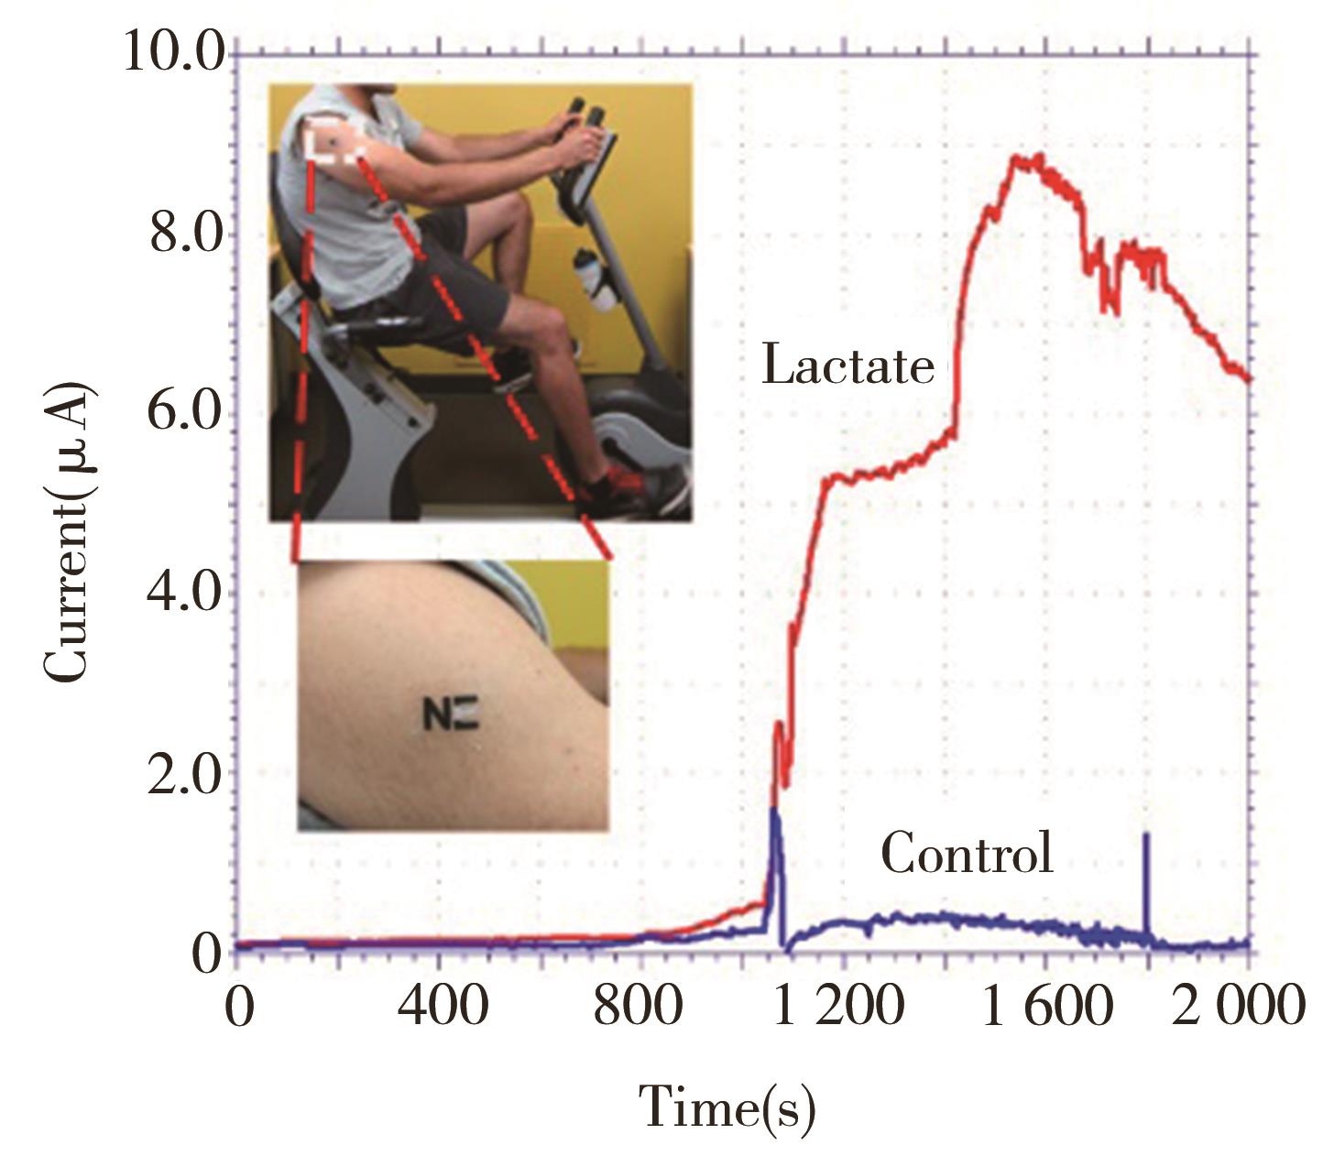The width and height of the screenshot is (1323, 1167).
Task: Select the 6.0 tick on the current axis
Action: point(186,414)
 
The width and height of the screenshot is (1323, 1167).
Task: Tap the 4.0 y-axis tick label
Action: point(186,593)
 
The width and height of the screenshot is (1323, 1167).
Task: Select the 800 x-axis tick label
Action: point(639,1006)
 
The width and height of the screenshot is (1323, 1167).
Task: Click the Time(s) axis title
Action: point(726,1106)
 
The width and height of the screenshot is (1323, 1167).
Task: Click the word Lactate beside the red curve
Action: point(847,365)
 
